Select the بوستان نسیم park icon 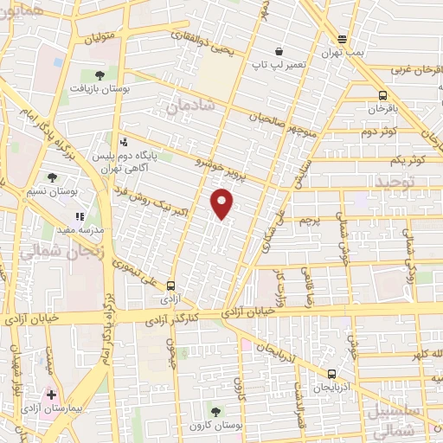click(54, 177)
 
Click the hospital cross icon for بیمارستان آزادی click(52, 394)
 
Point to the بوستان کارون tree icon click(215, 411)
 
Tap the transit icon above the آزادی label click(170, 285)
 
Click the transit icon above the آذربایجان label click(332, 374)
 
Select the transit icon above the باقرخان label click(382, 96)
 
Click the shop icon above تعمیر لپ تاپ click(278, 51)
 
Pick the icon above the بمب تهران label click(343, 38)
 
